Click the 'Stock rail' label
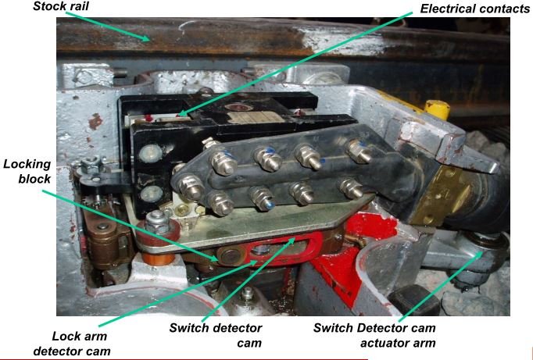pos(61,5)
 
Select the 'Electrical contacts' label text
pos(474,9)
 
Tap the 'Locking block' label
pos(27,171)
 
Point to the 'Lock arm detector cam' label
pos(71,344)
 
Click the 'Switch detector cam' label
pos(216,335)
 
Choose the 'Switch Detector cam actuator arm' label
pos(374,335)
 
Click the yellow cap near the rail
pos(437,109)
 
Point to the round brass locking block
pos(230,256)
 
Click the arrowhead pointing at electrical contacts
pos(182,113)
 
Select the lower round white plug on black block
pos(152,193)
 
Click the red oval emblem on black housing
pos(239,108)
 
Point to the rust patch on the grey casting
pos(95,121)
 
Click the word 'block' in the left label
pos(34,179)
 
